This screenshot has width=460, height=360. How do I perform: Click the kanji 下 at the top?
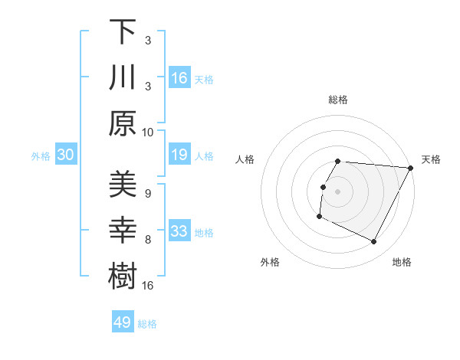[123, 32]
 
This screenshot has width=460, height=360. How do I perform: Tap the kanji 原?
[123, 122]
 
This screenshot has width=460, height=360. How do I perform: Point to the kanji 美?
[123, 183]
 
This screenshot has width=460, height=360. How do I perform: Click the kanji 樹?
[123, 275]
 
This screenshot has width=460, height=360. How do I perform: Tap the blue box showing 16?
[179, 77]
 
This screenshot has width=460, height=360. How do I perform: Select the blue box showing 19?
[179, 155]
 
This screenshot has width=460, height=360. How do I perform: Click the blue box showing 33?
[179, 231]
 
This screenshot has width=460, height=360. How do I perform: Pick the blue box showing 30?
[66, 155]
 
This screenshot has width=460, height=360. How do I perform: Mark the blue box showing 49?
[123, 322]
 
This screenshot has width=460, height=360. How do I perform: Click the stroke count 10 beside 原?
[149, 132]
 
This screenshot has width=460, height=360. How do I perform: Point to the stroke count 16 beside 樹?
[149, 285]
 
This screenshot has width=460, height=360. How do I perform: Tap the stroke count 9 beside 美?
[147, 192]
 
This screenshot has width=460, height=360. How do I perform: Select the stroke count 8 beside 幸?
[147, 239]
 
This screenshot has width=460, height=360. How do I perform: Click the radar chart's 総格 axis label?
[338, 100]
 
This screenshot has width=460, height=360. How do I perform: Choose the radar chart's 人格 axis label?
[245, 159]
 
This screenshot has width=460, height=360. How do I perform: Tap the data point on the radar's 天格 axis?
[411, 168]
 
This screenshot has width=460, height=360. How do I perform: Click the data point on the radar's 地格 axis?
[374, 242]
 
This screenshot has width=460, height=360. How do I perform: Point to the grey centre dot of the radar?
[338, 191]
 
